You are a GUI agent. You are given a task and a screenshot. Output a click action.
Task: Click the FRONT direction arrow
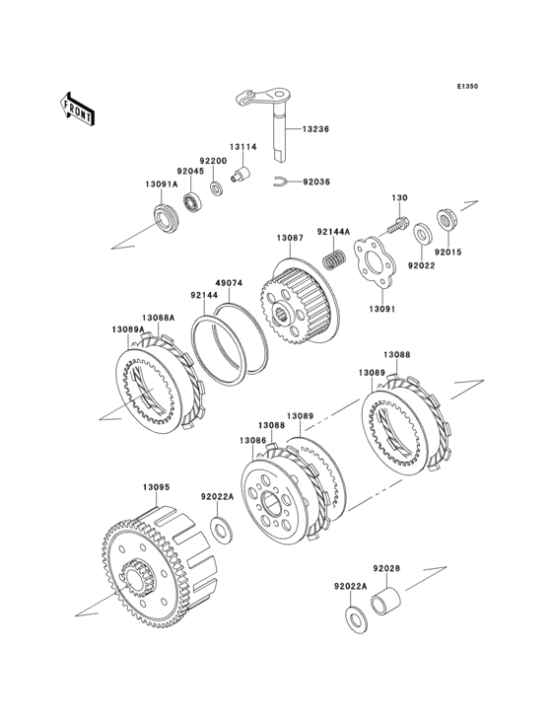77,108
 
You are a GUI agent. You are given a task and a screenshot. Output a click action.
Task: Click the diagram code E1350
467,86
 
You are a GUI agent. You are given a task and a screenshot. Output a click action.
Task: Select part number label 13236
315,129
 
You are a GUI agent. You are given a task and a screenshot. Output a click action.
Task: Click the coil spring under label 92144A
333,258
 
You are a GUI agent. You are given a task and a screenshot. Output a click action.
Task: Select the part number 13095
157,486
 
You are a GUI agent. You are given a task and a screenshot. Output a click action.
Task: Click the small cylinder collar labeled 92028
385,601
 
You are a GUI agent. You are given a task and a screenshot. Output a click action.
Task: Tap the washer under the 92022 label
422,234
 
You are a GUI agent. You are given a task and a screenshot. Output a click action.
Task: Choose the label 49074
230,283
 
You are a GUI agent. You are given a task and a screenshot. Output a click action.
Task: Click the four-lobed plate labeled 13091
374,261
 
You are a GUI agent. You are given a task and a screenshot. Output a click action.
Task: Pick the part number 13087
290,238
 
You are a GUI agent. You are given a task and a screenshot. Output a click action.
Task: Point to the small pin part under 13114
240,175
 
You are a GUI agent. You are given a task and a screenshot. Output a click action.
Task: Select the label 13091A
162,184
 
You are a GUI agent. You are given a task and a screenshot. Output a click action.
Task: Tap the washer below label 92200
216,188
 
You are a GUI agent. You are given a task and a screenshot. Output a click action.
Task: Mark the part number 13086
252,441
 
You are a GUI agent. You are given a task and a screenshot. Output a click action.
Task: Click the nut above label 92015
447,221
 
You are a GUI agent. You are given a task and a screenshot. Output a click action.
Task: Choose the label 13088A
159,318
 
